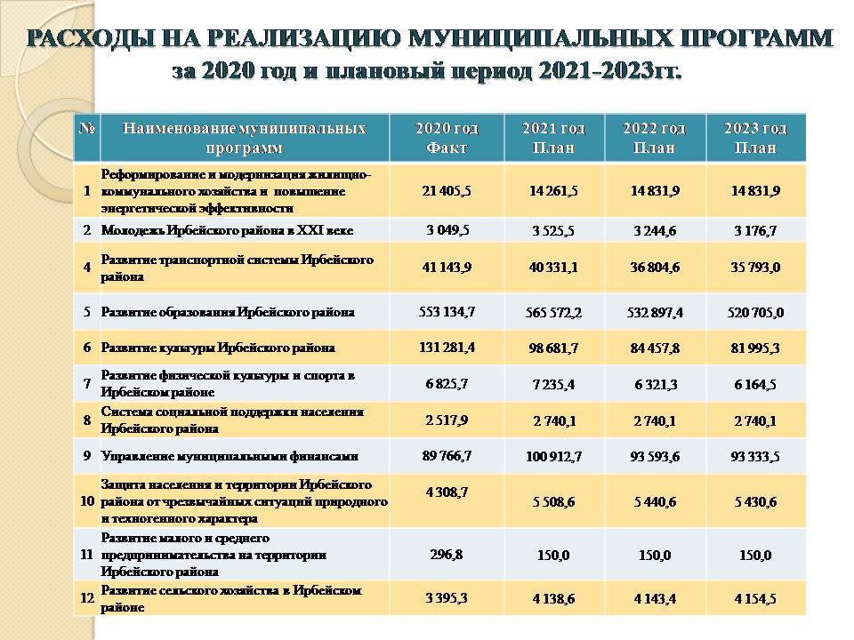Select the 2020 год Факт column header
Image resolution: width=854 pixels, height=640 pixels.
point(447,138)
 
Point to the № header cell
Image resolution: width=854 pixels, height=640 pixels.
point(87,129)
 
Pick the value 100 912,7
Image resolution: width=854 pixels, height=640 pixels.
point(552,457)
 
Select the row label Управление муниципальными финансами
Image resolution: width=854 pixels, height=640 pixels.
point(230,456)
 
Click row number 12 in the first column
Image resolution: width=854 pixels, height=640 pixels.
point(87,599)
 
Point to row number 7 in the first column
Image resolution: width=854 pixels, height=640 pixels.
point(87,384)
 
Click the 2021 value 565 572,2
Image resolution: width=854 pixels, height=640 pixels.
point(552,314)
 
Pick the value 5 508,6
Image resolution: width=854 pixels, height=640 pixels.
point(552,502)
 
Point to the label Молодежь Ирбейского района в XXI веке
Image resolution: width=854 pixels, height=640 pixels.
point(227,230)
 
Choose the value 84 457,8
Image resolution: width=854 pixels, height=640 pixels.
point(655,348)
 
